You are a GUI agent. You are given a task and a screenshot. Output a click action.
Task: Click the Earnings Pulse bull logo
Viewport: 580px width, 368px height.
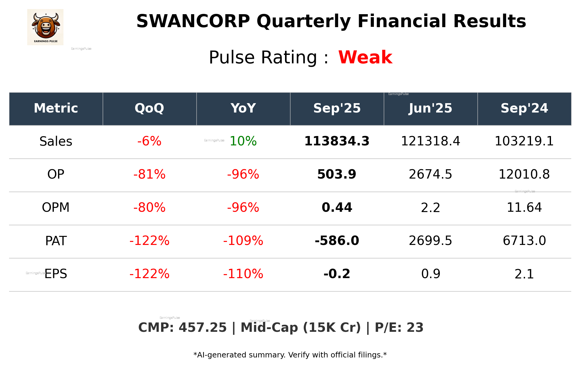tap(45, 27)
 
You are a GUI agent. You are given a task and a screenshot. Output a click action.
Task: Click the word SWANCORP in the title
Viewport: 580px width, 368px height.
tap(193, 21)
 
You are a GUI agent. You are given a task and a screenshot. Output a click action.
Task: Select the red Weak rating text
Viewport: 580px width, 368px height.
tap(365, 57)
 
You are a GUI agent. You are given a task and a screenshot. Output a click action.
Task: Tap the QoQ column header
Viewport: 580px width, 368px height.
tap(149, 108)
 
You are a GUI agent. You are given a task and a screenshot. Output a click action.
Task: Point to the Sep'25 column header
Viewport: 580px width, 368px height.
tap(337, 108)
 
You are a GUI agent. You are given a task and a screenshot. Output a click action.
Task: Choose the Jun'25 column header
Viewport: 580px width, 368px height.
tap(430, 108)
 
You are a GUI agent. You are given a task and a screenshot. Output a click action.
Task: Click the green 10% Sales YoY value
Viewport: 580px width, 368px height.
tap(243, 141)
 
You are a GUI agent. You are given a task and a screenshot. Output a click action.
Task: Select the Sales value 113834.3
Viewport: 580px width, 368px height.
tap(337, 141)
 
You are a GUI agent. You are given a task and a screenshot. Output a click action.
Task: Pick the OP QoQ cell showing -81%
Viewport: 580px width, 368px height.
tap(149, 174)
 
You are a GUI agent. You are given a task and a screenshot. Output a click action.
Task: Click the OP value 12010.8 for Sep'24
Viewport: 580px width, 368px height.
tap(524, 174)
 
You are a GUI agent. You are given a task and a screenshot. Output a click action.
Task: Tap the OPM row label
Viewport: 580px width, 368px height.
tap(56, 208)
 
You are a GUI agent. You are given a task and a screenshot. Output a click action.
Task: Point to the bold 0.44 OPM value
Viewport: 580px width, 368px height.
tap(337, 208)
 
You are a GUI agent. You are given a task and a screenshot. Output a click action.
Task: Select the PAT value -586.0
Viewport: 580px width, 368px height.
tap(337, 241)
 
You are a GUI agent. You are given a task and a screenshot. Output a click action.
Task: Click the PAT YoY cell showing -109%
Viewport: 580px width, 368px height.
tap(243, 241)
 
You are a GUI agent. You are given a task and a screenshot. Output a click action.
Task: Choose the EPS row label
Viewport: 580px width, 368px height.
tap(56, 274)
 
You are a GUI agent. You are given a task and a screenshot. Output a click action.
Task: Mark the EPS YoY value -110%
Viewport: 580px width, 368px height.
tap(243, 274)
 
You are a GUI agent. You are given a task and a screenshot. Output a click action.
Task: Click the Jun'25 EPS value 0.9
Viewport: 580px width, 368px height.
tap(430, 274)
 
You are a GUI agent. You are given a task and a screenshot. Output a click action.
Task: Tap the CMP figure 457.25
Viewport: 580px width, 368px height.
tap(202, 328)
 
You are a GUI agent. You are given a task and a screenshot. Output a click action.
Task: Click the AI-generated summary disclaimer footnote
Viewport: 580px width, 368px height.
tap(290, 355)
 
